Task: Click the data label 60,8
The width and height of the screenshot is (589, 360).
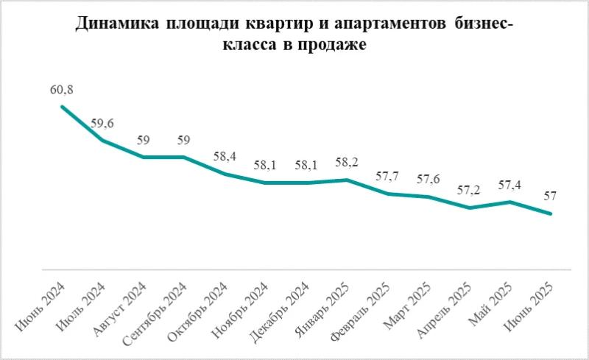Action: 61,91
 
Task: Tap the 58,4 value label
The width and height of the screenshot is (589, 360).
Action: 224,158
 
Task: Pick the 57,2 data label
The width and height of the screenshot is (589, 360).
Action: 469,191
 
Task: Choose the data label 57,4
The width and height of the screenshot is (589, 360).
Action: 509,186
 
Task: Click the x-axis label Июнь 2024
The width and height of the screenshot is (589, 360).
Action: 40,307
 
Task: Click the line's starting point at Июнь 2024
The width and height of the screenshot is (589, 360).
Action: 61,107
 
